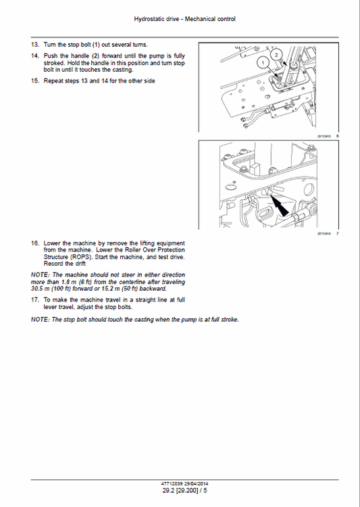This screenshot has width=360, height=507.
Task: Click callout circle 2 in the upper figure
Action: coord(275,53)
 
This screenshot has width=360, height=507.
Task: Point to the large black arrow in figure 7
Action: coord(284,207)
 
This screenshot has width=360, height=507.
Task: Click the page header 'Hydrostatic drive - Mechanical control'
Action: coord(180,19)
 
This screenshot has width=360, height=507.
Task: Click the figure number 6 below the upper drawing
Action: coord(337,136)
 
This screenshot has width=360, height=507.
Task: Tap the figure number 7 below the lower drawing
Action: coord(337,234)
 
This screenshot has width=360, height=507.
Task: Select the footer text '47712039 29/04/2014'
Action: coord(180,483)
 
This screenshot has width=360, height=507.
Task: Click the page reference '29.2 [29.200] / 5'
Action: coord(180,491)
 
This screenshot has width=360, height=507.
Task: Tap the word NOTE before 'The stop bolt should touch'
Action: coord(40,319)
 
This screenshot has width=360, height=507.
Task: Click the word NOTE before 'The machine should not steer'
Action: coord(40,274)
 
